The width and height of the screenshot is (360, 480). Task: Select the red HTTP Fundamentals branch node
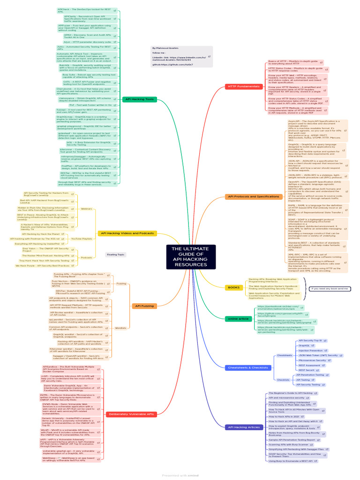(244, 87)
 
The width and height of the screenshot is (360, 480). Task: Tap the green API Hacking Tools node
(140, 99)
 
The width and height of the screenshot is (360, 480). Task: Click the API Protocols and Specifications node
(253, 196)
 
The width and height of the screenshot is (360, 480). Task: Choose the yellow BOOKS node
(233, 287)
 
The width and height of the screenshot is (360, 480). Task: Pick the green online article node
(239, 318)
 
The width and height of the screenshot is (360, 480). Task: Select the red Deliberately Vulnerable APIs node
(131, 414)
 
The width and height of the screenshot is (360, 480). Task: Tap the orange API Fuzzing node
(144, 306)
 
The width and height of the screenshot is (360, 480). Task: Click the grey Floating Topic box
(115, 255)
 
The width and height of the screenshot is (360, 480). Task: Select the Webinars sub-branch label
(87, 208)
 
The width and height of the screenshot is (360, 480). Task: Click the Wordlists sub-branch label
(120, 328)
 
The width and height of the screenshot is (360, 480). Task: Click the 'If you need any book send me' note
(330, 288)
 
